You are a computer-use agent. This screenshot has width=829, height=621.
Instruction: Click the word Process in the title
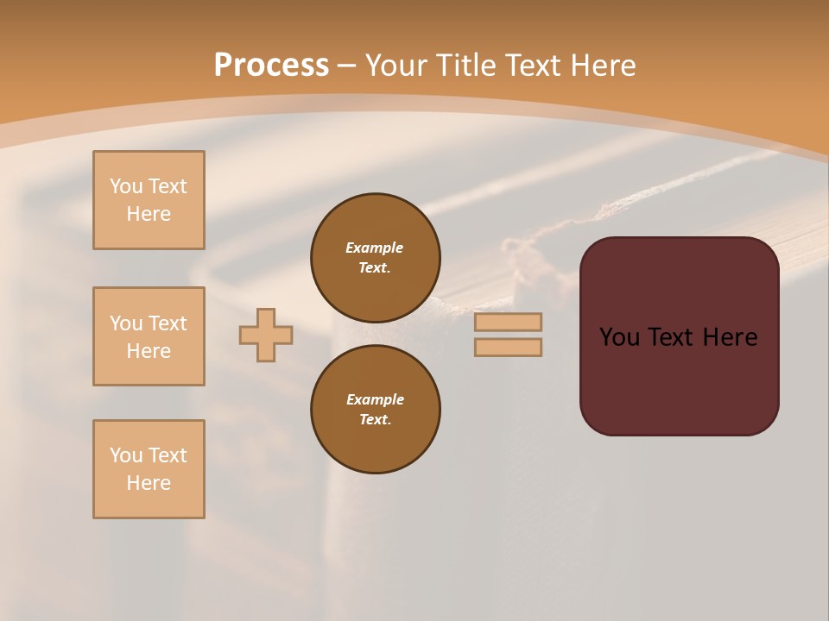271,66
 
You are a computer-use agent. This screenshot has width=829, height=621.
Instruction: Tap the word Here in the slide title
602,66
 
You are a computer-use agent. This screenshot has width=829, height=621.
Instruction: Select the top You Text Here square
149,200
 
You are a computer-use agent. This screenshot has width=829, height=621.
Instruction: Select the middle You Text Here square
149,336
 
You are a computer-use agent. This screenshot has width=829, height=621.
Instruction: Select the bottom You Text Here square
149,469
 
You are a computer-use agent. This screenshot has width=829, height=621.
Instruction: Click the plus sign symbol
266,335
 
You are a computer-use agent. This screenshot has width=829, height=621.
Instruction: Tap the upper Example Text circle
376,257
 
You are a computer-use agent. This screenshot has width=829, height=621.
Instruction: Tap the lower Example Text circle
376,409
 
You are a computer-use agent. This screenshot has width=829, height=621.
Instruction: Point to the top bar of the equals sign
508,322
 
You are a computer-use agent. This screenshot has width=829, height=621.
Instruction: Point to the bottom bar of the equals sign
508,347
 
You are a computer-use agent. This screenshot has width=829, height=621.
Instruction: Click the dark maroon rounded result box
680,379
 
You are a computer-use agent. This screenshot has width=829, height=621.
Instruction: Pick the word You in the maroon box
620,337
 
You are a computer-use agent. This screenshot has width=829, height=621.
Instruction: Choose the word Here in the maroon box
730,337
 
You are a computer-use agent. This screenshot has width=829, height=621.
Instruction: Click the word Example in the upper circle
375,248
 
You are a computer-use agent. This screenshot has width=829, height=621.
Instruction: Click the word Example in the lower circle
375,399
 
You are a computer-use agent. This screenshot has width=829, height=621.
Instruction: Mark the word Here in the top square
149,214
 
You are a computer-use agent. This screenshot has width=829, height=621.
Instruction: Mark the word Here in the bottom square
149,483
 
